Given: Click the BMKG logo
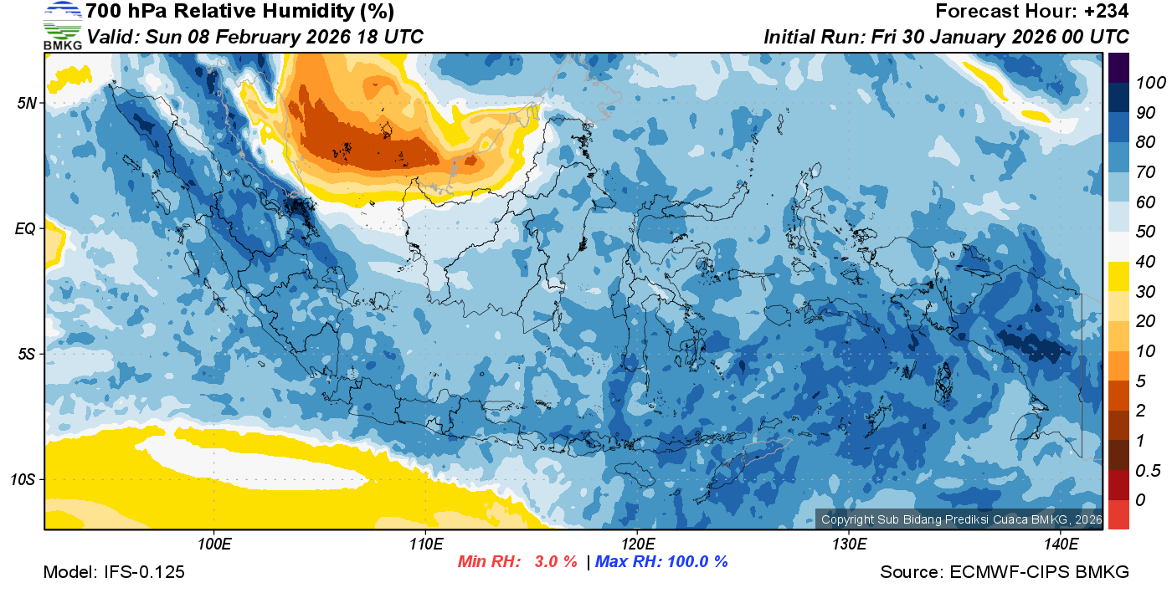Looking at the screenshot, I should coord(63,25).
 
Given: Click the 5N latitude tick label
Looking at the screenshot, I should coord(27,103).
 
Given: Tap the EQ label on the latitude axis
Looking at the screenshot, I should coord(26,228).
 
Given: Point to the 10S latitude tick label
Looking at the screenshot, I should coord(23,480).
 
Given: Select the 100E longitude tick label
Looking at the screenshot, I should coord(214,544).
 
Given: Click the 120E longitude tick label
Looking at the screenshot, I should coord(637,544).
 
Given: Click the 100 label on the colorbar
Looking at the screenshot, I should coord(1144,82).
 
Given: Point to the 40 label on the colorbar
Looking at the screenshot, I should coord(1144,262).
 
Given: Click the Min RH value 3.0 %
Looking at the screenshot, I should coord(555,561).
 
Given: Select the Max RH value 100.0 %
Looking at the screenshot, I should coord(697,561).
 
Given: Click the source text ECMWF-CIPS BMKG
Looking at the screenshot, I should coord(1039,572).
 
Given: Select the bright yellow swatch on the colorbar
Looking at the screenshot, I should coord(1118,276).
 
